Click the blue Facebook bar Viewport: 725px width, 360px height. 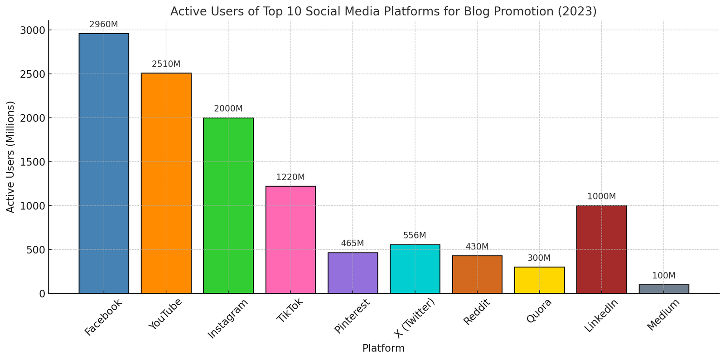coord(104,163)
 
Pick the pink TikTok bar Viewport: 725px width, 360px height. coord(290,240)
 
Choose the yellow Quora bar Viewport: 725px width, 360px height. coord(539,280)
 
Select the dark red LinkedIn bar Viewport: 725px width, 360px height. coord(601,249)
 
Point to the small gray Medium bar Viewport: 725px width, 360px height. coord(664,289)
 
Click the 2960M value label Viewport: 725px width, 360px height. coord(104,24)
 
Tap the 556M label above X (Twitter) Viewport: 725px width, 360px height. coord(415,236)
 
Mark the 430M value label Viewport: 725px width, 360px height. coord(477,247)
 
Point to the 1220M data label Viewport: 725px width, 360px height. coord(290,177)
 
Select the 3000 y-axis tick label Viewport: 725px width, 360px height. coord(33,30)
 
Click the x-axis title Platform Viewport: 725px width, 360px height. coord(383,349)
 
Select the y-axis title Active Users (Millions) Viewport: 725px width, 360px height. coord(11,157)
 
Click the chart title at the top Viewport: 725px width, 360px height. coord(383,11)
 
